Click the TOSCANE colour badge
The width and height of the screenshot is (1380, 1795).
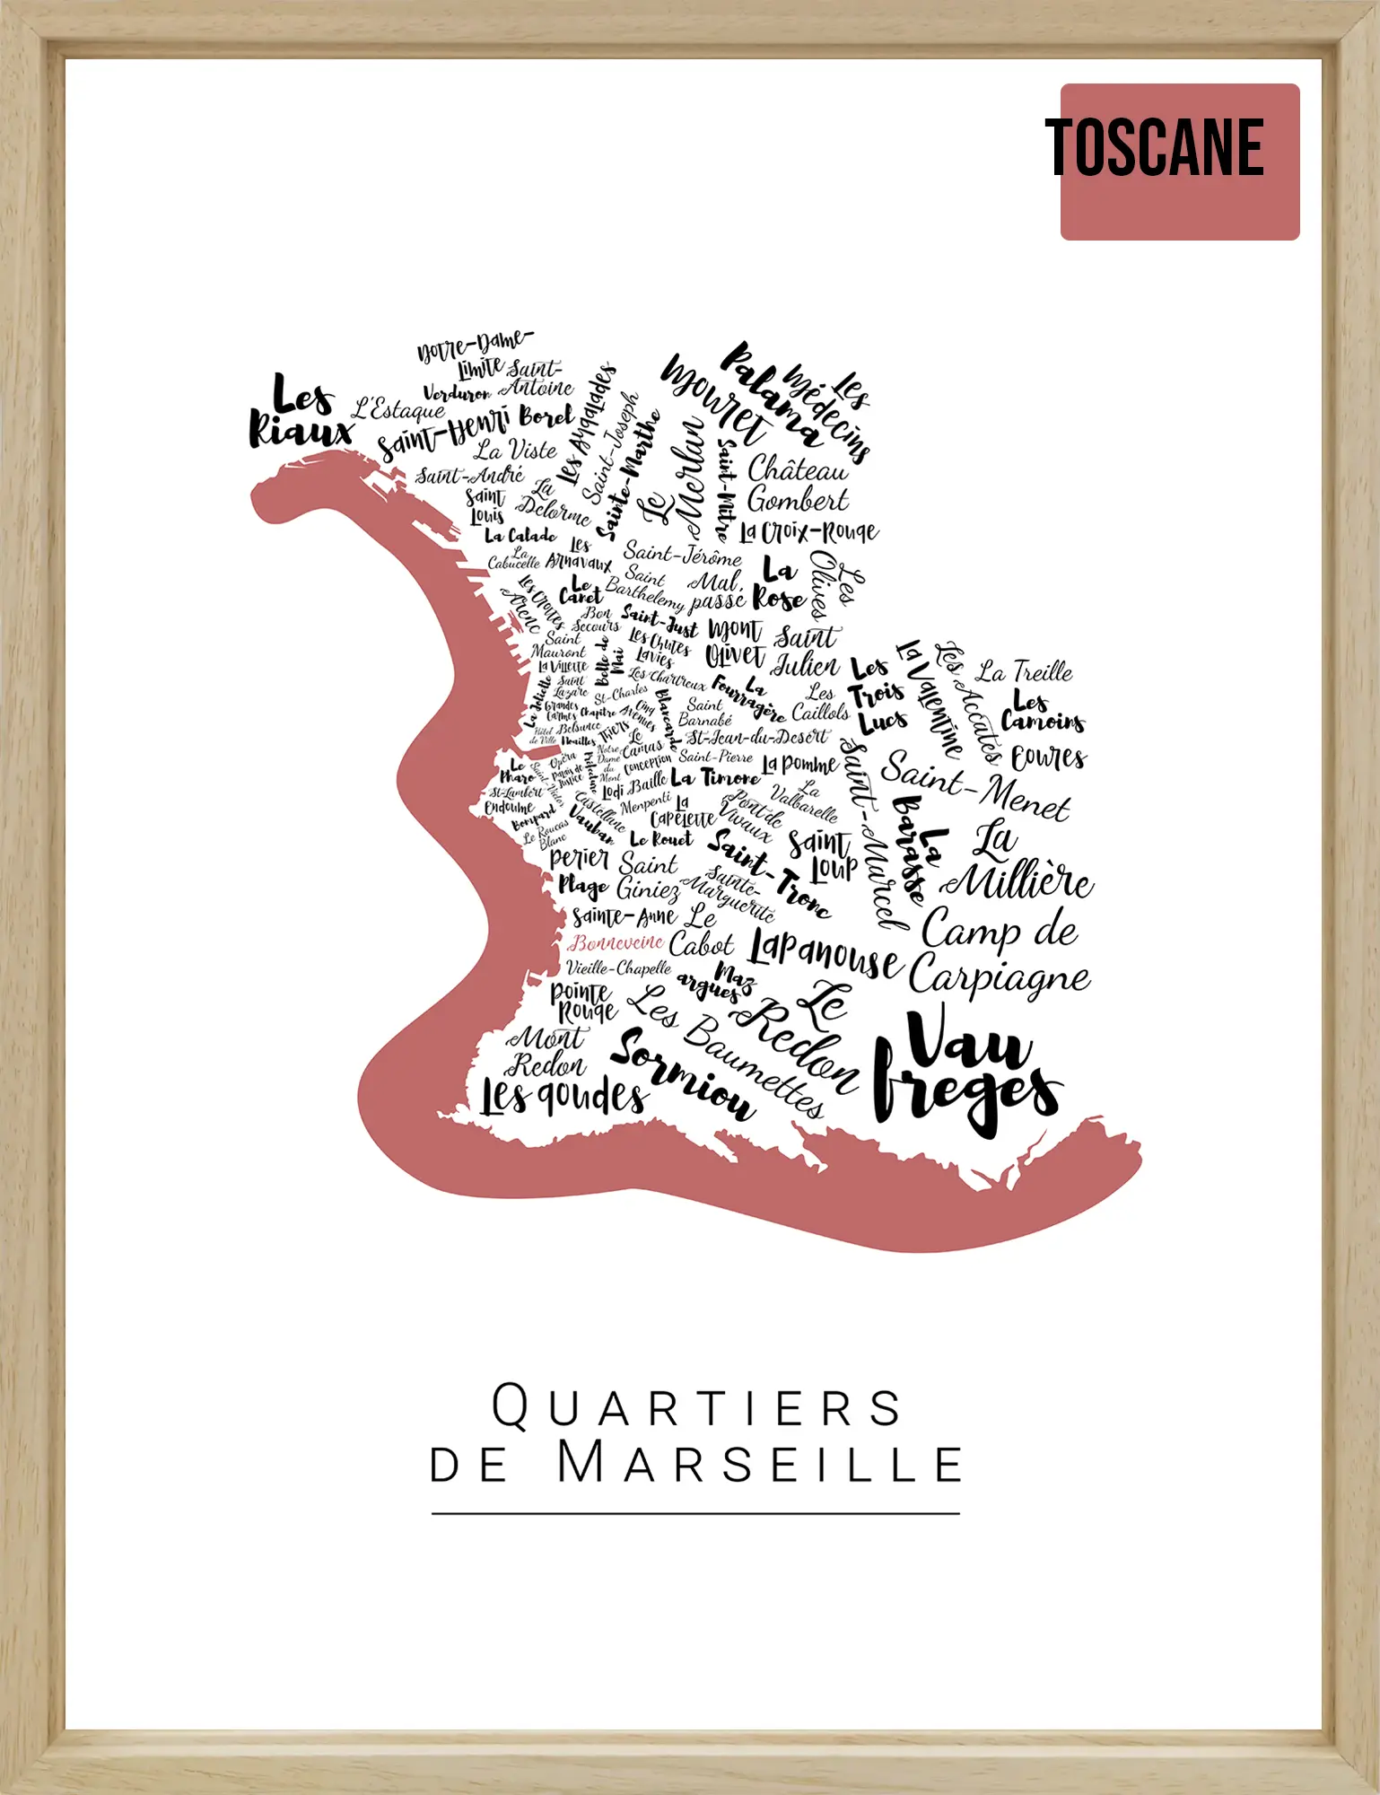(1179, 162)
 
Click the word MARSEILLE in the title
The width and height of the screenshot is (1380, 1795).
(760, 1464)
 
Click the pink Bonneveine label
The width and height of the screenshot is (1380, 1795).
(616, 942)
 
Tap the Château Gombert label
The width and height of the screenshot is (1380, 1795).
(797, 484)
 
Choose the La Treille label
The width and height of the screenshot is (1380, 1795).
(1025, 671)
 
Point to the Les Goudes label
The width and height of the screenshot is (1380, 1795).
(563, 1096)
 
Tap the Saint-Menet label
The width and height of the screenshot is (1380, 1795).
(975, 784)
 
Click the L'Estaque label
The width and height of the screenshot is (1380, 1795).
(397, 409)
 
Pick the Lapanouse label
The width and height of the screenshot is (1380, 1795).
(825, 955)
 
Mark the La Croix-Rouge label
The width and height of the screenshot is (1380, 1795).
(808, 532)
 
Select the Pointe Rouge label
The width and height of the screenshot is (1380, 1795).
(583, 1001)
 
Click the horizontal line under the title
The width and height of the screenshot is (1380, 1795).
(695, 1513)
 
